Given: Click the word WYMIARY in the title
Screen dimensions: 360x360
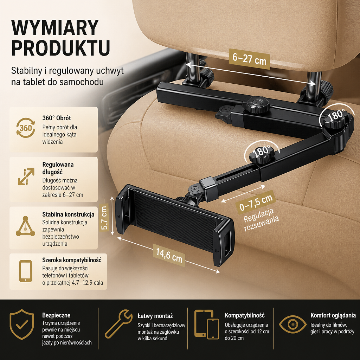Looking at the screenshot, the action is tap(55, 27).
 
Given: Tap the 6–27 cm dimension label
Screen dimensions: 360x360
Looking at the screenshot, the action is tap(249, 59).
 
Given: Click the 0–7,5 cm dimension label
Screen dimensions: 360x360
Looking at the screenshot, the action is tap(256, 202).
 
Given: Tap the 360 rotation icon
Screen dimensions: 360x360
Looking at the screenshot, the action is tap(26, 128).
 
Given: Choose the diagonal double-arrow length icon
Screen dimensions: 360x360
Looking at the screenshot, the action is tap(26, 176).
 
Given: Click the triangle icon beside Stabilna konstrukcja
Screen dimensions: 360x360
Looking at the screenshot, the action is tap(25, 226).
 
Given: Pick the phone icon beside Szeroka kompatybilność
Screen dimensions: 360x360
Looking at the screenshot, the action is tap(25, 271).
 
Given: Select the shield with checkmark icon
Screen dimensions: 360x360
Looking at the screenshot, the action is tap(22, 324).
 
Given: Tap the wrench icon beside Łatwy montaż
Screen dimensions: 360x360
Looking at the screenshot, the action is tap(119, 324).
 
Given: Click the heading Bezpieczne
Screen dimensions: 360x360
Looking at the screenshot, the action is tap(56, 315).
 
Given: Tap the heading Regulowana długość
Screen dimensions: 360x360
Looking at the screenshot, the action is tap(58, 168).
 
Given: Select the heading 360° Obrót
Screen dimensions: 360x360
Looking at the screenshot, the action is tap(57, 118).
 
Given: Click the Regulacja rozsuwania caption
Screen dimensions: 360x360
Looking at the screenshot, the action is tap(261, 220).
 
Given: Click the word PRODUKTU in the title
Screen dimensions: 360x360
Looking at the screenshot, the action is tap(60, 48).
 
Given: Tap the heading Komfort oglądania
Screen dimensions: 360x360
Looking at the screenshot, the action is tap(333, 315).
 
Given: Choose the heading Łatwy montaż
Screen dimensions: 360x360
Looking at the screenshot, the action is tap(155, 316).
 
